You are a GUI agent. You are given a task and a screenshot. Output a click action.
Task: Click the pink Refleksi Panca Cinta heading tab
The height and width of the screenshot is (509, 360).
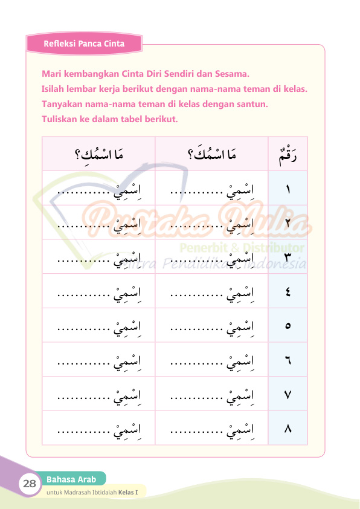tap(84, 44)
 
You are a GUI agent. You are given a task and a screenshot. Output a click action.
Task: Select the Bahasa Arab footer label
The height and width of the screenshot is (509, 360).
tap(71, 480)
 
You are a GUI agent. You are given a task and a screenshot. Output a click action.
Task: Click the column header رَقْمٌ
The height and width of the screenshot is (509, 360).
tap(288, 155)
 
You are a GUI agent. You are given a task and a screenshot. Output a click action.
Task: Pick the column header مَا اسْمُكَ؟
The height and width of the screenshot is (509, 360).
tap(211, 155)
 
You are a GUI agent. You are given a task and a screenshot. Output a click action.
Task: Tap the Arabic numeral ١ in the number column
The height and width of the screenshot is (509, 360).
tap(288, 189)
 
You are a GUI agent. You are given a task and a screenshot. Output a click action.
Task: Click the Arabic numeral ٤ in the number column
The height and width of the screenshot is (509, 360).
tap(288, 292)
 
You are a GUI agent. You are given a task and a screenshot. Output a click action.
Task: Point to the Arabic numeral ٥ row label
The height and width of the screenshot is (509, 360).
tap(288, 326)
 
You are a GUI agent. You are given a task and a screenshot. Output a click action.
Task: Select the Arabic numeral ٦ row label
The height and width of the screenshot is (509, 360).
tap(288, 361)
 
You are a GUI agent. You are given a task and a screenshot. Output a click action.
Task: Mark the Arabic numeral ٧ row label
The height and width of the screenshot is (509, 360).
tap(288, 395)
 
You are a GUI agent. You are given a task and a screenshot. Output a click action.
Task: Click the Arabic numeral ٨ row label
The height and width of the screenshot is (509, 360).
tap(288, 429)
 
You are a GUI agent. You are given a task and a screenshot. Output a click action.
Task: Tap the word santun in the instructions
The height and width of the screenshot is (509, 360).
tap(253, 104)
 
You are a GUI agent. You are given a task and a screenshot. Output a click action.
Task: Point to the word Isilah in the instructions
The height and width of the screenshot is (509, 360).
tap(53, 89)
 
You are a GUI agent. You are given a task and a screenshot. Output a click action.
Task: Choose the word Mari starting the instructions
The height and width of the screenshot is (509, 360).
tap(51, 74)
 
